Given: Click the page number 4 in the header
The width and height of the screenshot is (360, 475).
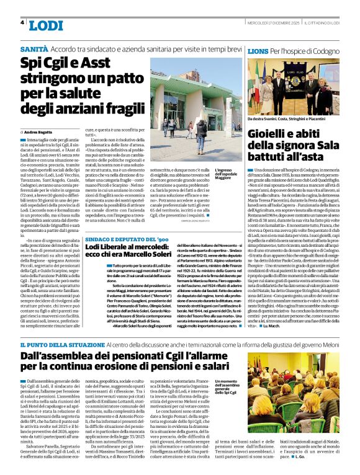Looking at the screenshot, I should [x=22, y=22].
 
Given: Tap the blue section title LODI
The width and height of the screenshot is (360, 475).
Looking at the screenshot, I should [x=46, y=25].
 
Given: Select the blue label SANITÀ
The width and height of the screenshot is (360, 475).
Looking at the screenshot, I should [x=34, y=48].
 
